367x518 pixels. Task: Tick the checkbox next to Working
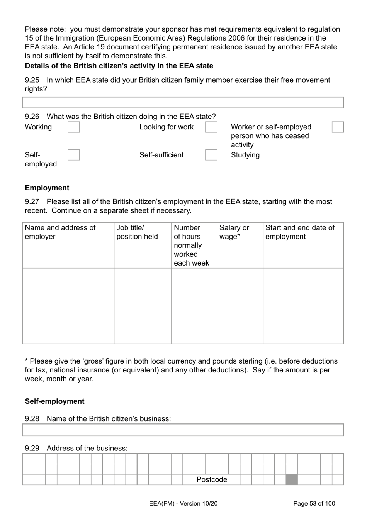click(x=74, y=127)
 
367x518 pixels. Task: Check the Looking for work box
click(x=211, y=127)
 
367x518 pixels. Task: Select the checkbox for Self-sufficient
click(x=211, y=155)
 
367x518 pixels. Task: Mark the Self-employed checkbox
click(x=74, y=155)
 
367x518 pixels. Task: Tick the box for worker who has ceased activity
click(x=338, y=127)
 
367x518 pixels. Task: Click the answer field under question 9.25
click(x=183, y=102)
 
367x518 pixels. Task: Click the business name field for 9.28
click(x=183, y=430)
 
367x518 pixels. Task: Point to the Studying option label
click(x=245, y=155)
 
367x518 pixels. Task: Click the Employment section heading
click(x=47, y=188)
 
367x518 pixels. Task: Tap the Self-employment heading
click(x=54, y=401)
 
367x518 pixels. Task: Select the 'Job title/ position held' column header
click(x=137, y=232)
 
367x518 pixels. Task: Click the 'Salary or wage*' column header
click(x=234, y=232)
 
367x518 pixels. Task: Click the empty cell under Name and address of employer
click(x=68, y=306)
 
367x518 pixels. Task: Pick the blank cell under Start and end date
click(x=303, y=306)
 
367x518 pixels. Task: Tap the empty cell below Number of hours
click(x=194, y=306)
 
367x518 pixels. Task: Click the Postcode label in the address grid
click(x=212, y=479)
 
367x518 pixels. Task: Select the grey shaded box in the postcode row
click(x=292, y=479)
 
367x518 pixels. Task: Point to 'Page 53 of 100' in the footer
click(x=314, y=503)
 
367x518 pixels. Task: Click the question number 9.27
click(x=32, y=201)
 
